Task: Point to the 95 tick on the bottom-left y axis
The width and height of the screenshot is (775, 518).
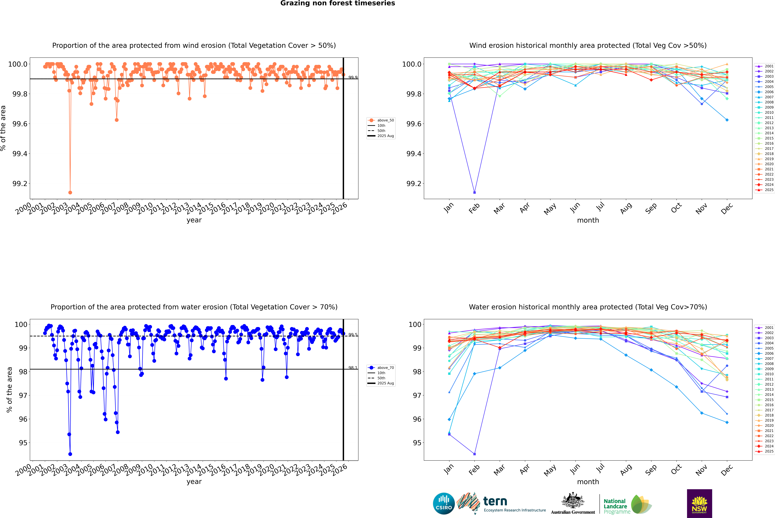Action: click(x=23, y=443)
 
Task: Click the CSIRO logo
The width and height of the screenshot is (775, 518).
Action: click(x=444, y=504)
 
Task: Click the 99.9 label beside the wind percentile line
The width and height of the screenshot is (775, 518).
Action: click(x=353, y=77)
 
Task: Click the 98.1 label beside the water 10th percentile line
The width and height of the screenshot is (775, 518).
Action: click(x=353, y=368)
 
